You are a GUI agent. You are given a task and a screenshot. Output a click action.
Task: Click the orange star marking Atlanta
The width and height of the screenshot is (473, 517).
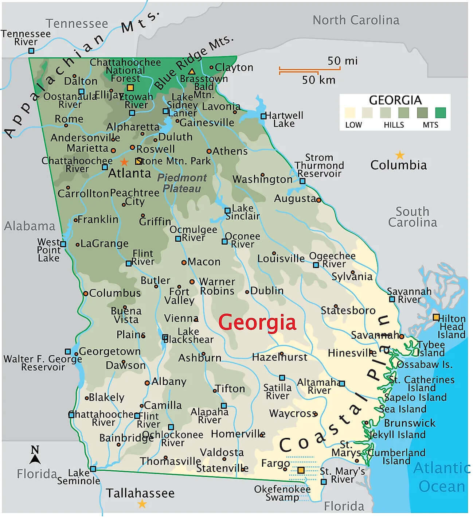pos(124,162)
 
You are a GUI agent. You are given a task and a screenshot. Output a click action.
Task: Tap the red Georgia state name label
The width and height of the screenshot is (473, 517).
pos(257,323)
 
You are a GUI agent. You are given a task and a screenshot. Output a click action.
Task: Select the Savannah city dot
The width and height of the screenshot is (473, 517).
pos(401,336)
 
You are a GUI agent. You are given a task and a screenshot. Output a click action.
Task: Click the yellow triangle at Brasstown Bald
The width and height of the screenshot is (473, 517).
pos(191,71)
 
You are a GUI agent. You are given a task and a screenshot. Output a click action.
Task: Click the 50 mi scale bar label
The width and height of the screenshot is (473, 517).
pos(342,61)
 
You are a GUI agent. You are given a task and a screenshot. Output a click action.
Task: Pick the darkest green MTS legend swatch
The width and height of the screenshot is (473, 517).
pos(440,113)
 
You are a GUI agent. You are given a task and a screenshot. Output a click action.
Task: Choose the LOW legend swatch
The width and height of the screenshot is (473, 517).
pos(350,113)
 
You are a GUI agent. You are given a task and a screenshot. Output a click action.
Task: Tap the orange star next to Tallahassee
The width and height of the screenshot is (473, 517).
pos(142,504)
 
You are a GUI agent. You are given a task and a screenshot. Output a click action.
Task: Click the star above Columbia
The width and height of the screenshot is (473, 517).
pos(400,155)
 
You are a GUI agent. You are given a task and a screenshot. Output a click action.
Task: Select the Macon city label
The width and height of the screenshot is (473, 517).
pos(204,262)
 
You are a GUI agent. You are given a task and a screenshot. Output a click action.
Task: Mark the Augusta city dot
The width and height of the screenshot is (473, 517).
pos(318,200)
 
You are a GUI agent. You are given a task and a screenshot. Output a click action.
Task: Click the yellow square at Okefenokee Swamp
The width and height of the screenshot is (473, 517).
pos(301,470)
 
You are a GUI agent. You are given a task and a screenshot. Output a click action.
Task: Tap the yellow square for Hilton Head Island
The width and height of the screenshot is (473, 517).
pos(436,317)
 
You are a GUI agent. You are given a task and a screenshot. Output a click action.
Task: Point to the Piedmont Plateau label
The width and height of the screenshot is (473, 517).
pos(181,183)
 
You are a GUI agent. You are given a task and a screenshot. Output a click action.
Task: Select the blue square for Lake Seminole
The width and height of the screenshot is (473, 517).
pos(93,469)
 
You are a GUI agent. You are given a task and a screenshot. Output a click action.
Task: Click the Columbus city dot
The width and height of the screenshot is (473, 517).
pos(85,293)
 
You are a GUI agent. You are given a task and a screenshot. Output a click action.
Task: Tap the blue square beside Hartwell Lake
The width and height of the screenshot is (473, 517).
pos(263,116)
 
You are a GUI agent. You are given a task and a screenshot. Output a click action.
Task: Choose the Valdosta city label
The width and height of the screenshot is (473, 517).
pos(222,452)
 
